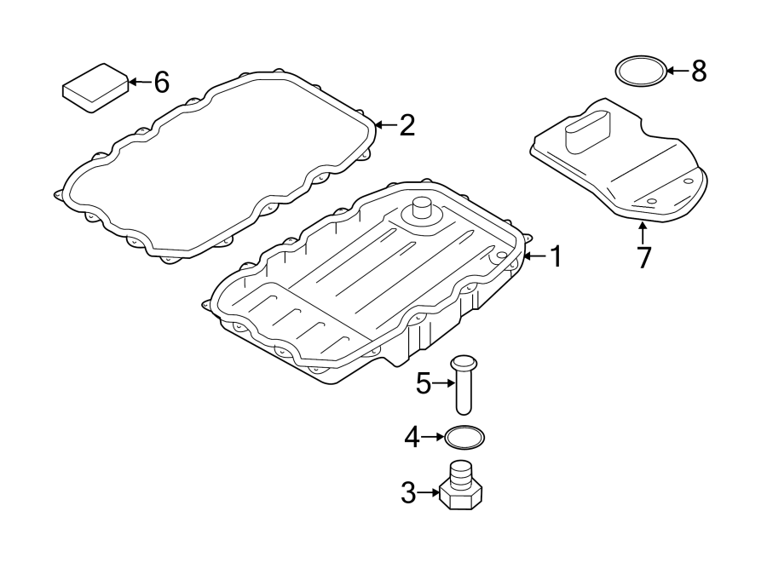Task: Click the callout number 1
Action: click(x=555, y=256)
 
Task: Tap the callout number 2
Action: click(x=407, y=126)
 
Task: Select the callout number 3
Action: click(x=408, y=491)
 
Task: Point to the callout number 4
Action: click(x=412, y=438)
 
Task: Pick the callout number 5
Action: click(x=424, y=384)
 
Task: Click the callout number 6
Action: click(x=161, y=83)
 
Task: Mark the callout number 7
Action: click(x=643, y=256)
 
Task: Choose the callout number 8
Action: click(x=699, y=71)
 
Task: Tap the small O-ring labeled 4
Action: click(x=465, y=438)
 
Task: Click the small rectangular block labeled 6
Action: click(x=95, y=86)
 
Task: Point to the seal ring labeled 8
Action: click(x=640, y=71)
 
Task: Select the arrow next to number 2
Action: click(x=384, y=126)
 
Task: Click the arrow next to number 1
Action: click(x=533, y=256)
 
